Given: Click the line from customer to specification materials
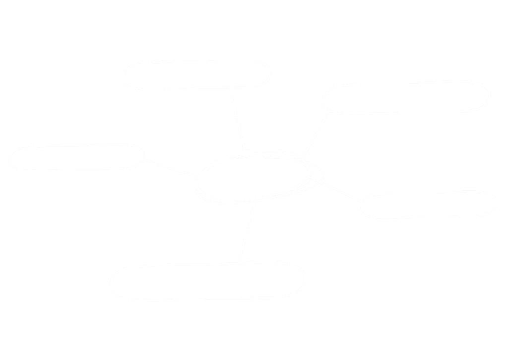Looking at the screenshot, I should [x=315, y=134].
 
